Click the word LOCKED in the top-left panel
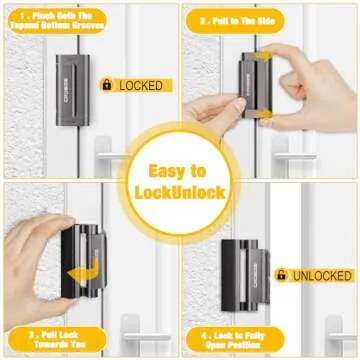point(140,85)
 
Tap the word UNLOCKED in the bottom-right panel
point(321,275)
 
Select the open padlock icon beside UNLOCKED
point(282,274)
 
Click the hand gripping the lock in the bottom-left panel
point(35,255)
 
